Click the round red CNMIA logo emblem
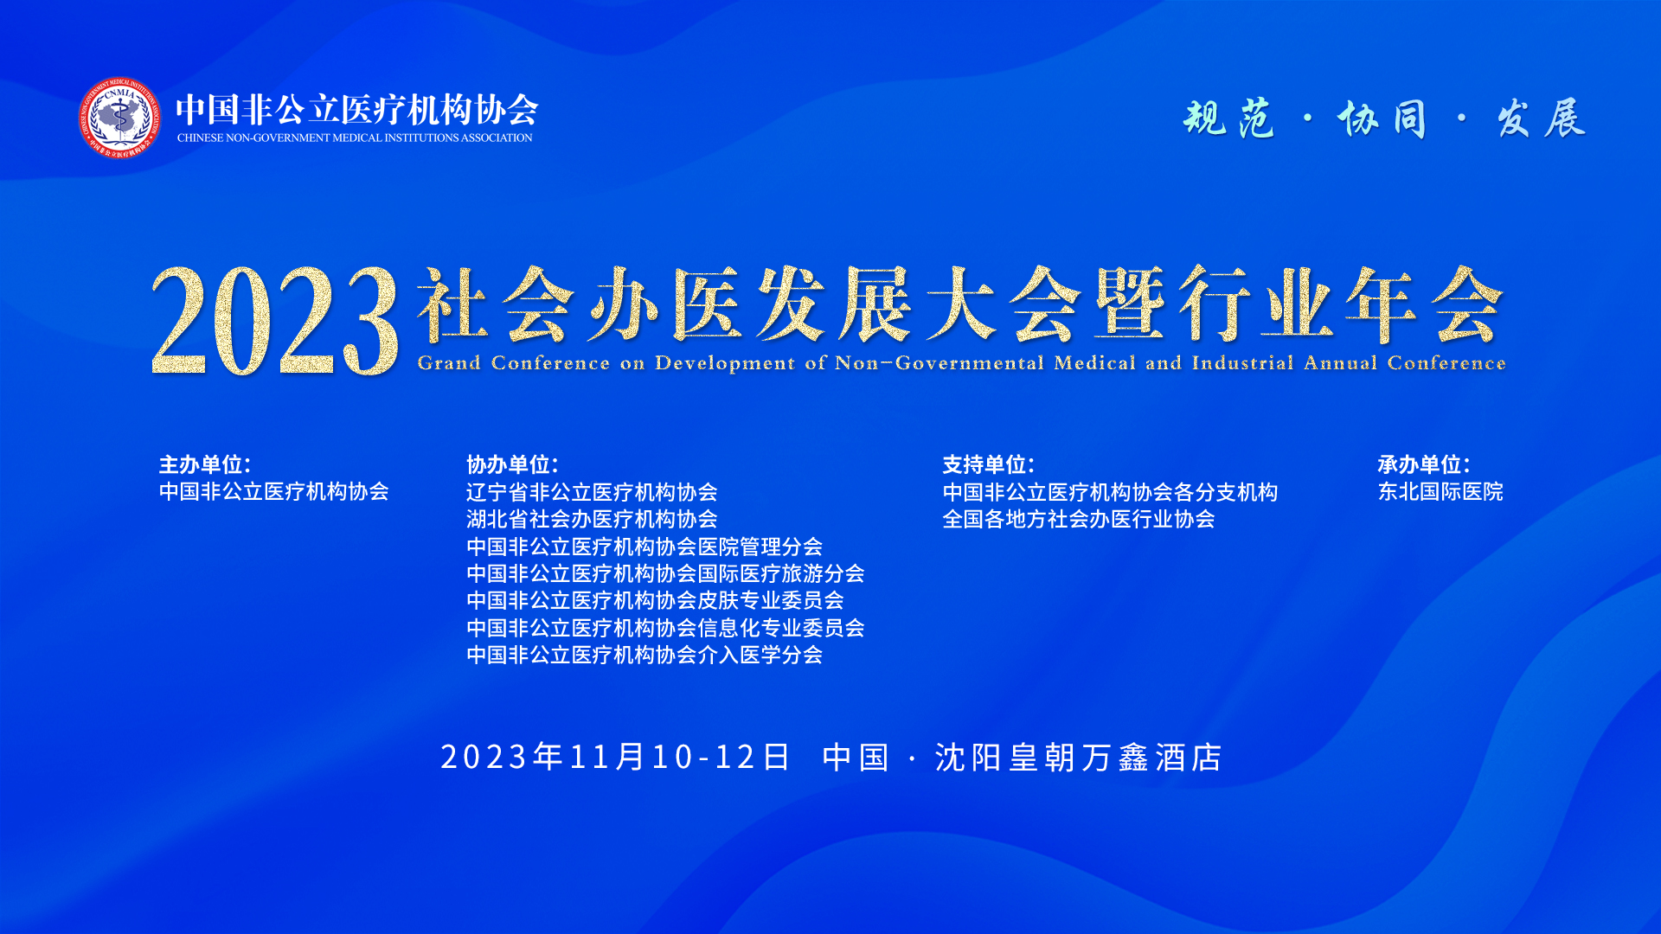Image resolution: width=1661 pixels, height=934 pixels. coord(119,118)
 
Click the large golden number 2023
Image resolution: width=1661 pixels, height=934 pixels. coord(275,320)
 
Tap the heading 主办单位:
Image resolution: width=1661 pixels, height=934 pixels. coord(205,464)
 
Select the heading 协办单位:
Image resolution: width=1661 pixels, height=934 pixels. coord(512,464)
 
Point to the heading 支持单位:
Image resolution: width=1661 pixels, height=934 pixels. coord(989,464)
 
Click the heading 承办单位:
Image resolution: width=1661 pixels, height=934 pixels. coord(1424,464)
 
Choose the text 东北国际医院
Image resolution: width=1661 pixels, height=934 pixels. coord(1440,492)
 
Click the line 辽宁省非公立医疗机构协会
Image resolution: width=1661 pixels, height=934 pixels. coord(592,492)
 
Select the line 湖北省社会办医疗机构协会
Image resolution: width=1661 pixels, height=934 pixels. coord(592,519)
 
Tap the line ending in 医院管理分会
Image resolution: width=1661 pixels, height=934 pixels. coord(645,547)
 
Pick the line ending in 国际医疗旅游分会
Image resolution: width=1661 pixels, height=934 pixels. coord(665,573)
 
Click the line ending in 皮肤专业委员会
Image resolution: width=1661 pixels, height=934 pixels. coord(655,600)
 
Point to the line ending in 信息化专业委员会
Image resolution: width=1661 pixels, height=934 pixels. coord(665,628)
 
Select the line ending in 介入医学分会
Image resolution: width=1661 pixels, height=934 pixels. coord(645,655)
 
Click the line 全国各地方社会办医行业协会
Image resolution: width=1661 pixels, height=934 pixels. coord(1079,519)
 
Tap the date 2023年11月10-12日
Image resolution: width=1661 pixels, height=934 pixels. coord(615,757)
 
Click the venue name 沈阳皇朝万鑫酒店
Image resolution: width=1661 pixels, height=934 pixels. coord(1079,758)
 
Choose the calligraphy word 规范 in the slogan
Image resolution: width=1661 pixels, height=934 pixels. coord(1229,118)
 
